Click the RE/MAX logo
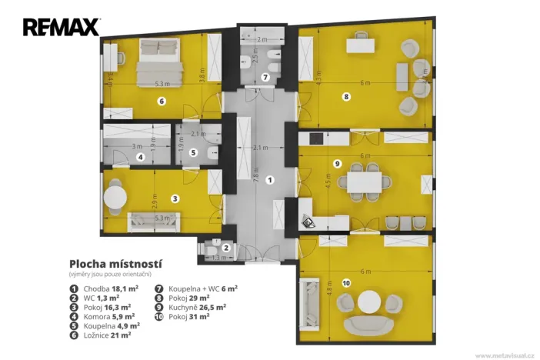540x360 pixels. (61, 28)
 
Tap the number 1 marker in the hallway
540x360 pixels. (269, 180)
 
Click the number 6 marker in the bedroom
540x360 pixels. (162, 101)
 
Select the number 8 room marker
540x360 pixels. (347, 97)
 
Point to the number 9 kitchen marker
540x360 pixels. (338, 163)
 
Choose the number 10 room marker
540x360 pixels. (345, 283)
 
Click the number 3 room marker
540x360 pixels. (175, 198)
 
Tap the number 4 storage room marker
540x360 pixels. (140, 158)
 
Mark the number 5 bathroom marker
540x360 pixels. (194, 152)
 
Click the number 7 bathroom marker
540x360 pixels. (265, 77)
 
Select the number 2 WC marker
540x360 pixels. (226, 248)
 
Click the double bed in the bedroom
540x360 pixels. (158, 62)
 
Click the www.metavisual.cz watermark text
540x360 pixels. (504, 355)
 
